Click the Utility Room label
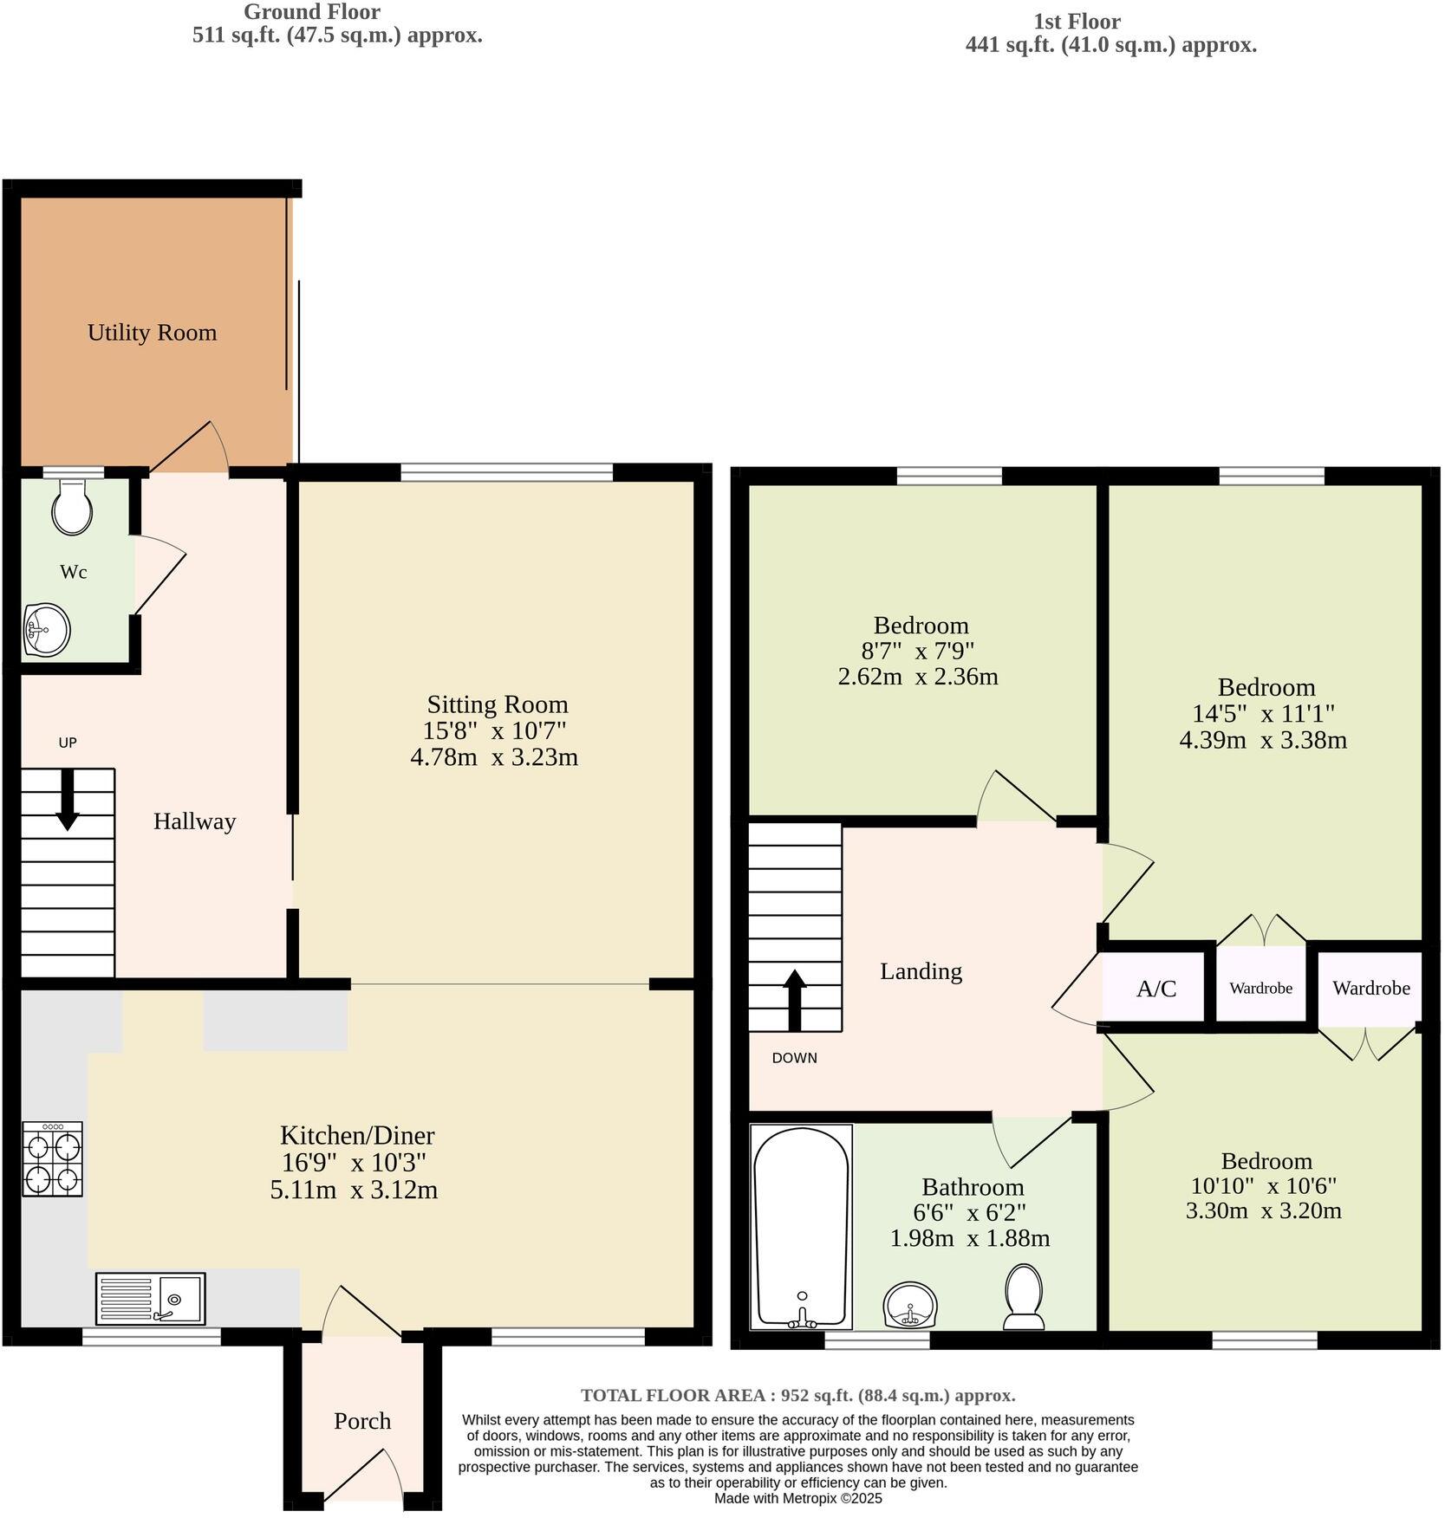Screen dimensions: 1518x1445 [152, 333]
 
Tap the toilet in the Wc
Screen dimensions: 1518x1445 [72, 508]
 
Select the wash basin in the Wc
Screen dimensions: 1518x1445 [47, 628]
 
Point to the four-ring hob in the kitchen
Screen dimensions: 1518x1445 [53, 1158]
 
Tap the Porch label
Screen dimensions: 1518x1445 [362, 1421]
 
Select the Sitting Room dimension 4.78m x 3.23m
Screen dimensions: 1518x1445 [494, 757]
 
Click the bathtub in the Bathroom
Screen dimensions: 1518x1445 [801, 1226]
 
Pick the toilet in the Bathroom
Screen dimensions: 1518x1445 [1024, 1296]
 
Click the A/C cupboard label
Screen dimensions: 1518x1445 [1156, 989]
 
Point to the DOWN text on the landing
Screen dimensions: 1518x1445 [794, 1058]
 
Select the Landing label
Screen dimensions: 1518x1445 [921, 971]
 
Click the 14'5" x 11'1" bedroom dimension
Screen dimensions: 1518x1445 [1263, 714]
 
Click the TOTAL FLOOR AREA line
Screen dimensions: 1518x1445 [797, 1395]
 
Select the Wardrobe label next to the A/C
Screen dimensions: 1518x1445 [1260, 988]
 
